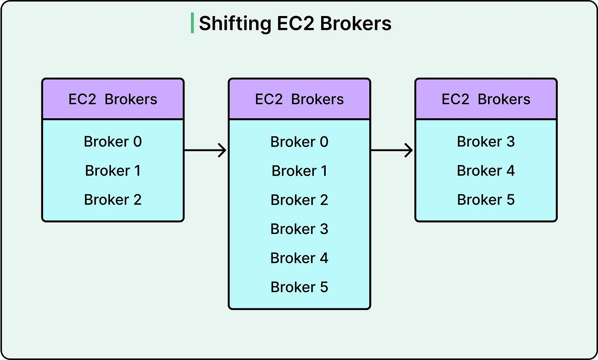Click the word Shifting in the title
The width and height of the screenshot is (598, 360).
coord(235,24)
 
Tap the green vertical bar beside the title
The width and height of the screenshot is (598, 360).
coord(192,23)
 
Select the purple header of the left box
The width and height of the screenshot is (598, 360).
coord(113,99)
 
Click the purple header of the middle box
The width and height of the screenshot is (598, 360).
coord(299,99)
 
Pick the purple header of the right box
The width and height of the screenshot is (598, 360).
coord(486,99)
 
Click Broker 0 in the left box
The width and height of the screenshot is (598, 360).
coord(113,142)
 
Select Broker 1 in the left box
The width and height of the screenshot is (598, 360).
coord(113,171)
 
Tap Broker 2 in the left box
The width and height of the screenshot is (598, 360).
coord(113,200)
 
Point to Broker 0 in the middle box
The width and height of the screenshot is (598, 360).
coord(299,142)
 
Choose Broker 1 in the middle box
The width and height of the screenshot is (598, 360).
coord(299,171)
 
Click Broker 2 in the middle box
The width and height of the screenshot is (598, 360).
coord(299,200)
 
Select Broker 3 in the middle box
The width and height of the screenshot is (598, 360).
coord(299,229)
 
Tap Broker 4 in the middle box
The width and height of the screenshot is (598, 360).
coord(299,258)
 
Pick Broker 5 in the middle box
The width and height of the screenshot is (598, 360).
coord(299,287)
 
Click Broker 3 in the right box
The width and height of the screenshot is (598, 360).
coord(486,142)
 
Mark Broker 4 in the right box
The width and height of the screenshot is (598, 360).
coord(486,171)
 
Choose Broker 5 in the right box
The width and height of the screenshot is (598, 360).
coord(486,200)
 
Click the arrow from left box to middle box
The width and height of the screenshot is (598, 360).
coord(205,150)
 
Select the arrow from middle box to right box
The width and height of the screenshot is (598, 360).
coord(392,150)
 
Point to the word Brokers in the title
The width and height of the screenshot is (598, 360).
coord(356,24)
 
